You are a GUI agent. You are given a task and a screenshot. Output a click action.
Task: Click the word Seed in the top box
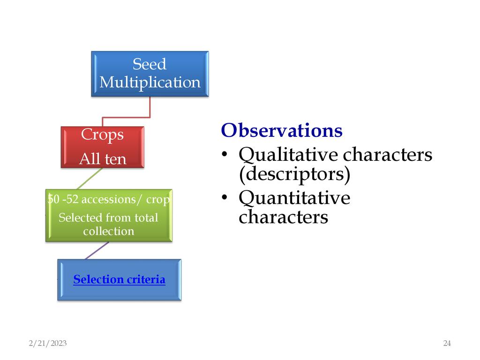[150, 64]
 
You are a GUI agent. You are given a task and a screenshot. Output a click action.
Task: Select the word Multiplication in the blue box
[150, 82]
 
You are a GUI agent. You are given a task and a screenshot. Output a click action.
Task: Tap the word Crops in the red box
[102, 135]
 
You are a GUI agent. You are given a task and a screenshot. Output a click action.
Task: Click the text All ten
[103, 159]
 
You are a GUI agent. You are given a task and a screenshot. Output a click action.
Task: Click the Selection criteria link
[119, 280]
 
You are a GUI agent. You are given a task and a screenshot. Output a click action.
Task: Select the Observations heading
[281, 130]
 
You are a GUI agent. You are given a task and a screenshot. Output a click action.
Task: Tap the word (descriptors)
[294, 174]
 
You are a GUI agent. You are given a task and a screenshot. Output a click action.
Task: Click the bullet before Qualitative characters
[225, 155]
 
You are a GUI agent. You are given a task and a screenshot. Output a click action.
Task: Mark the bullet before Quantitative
[225, 199]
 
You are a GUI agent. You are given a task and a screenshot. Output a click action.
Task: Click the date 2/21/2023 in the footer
[47, 344]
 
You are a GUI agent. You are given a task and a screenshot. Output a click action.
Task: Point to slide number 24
[447, 344]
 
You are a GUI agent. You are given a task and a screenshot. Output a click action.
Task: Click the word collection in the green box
[108, 232]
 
